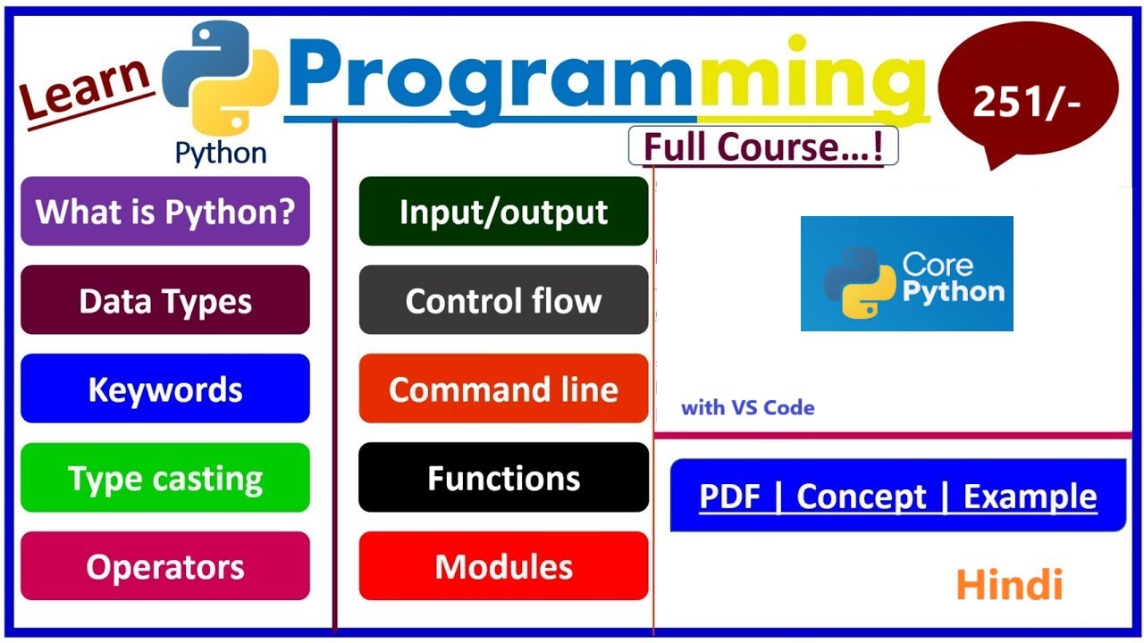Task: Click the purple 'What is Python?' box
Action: (x=165, y=212)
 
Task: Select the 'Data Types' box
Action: (x=165, y=301)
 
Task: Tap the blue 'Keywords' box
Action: (x=165, y=389)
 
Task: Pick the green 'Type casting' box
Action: (x=165, y=479)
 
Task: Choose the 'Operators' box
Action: (x=165, y=567)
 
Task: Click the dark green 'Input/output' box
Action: (x=503, y=212)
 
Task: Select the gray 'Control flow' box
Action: (x=503, y=301)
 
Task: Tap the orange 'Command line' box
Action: (x=503, y=389)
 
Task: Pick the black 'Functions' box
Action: (x=503, y=479)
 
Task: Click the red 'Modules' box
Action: (x=503, y=567)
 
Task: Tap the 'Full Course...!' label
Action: (x=763, y=147)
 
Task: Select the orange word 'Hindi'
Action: (x=1009, y=585)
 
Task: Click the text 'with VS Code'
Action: (x=747, y=408)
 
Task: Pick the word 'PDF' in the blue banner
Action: (x=729, y=497)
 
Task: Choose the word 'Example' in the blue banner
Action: (x=1030, y=497)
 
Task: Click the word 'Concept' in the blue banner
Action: (x=861, y=497)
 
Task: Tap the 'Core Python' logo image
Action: (x=906, y=274)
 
